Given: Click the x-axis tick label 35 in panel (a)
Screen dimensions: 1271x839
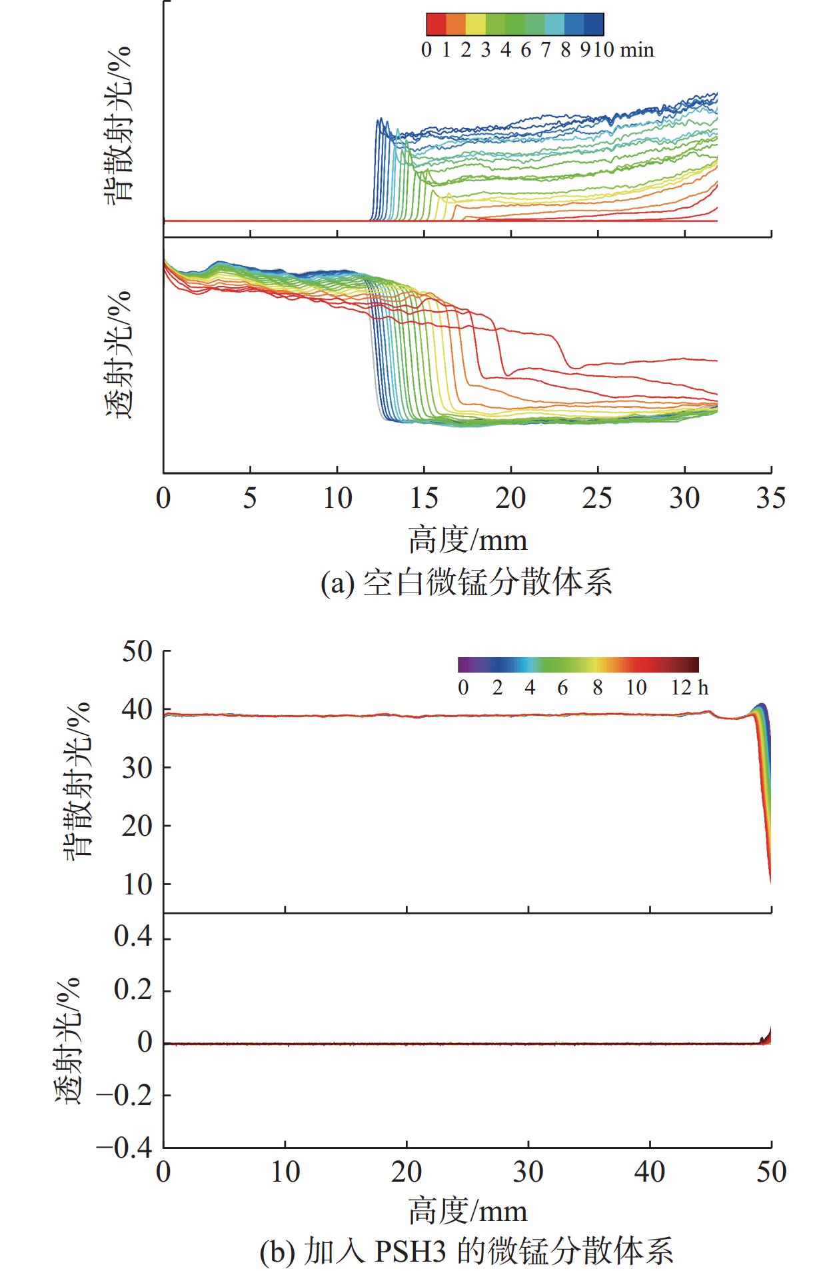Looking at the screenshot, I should (x=771, y=499).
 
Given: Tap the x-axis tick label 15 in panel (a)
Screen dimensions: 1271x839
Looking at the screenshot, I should (x=424, y=499).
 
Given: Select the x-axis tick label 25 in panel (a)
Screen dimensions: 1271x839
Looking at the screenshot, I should (x=597, y=499).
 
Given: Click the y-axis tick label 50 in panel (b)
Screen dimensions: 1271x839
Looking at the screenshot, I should (x=137, y=651).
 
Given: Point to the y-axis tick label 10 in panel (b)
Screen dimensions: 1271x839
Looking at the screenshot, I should (x=137, y=884).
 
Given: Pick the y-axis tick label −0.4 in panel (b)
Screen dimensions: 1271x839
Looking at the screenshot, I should (x=124, y=1148).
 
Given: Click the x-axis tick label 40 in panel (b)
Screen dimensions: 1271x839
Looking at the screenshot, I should (x=650, y=1172).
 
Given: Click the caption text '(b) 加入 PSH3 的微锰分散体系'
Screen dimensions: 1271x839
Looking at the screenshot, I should (x=466, y=1251).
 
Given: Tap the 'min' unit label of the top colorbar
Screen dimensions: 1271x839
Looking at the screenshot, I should (x=638, y=50).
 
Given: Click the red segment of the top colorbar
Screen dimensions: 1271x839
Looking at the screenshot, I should (x=436, y=24).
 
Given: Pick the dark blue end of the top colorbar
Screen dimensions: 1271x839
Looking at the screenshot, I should (x=594, y=24).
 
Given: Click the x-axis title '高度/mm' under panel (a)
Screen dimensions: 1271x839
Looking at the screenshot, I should (x=467, y=540).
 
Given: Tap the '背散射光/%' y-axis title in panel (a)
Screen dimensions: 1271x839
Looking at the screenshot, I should (x=119, y=124).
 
